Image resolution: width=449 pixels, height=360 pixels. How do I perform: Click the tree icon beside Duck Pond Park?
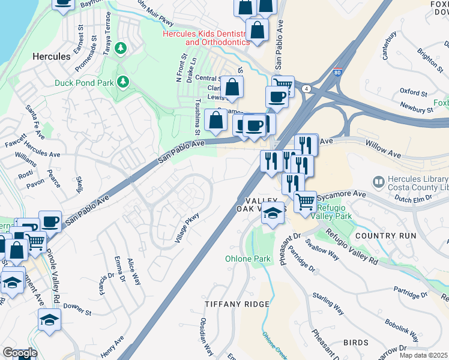(x=124, y=80)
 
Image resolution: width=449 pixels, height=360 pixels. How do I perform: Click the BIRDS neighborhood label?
(x=355, y=343)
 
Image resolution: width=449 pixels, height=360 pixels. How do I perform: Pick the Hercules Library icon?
(x=378, y=181)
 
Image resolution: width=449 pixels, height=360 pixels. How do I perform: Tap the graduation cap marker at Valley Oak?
(x=273, y=213)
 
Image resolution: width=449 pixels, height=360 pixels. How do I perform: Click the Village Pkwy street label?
(x=187, y=229)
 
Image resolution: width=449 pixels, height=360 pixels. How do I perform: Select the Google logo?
(x=20, y=352)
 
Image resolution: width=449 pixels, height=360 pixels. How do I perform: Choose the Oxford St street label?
(x=413, y=91)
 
